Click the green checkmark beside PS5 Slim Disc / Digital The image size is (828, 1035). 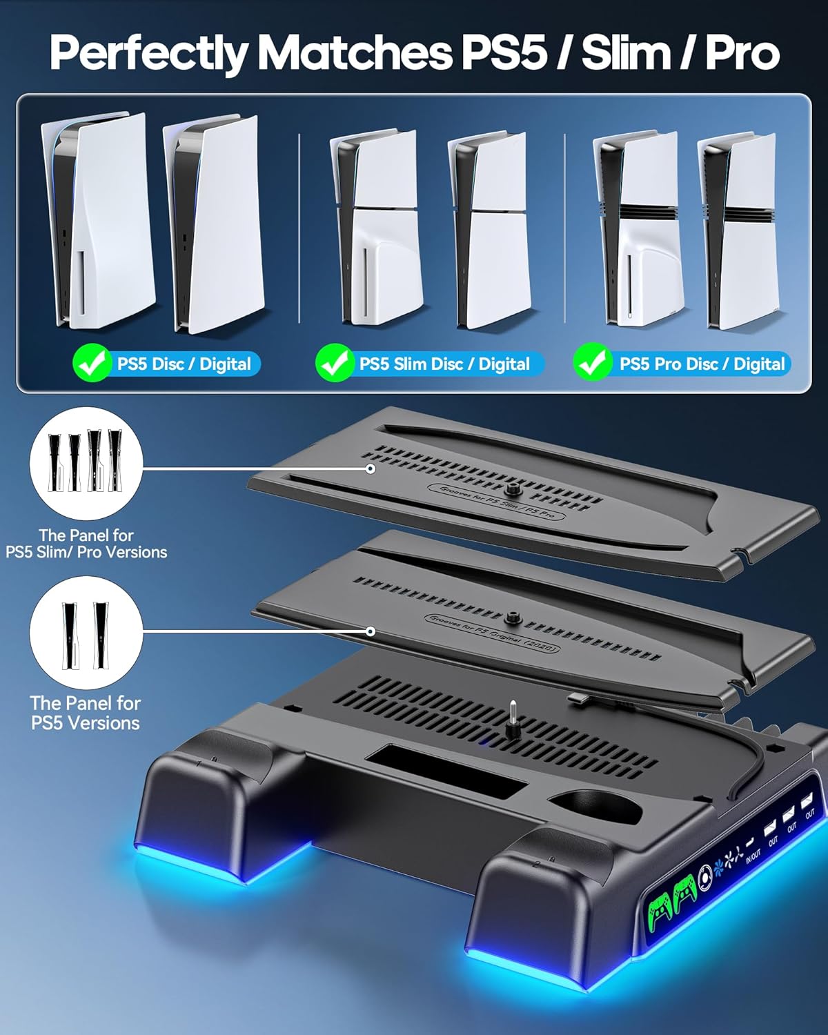(335, 363)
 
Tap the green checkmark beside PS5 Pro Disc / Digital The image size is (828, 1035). (592, 363)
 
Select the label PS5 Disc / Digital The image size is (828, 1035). (184, 364)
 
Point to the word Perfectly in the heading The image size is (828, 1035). (148, 52)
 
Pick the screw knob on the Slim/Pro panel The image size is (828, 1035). (512, 490)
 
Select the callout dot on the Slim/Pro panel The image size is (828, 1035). (371, 469)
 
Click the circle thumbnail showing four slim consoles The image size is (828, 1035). (86, 462)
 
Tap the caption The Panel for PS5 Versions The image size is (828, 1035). (86, 713)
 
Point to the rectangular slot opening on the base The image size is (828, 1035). (445, 770)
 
